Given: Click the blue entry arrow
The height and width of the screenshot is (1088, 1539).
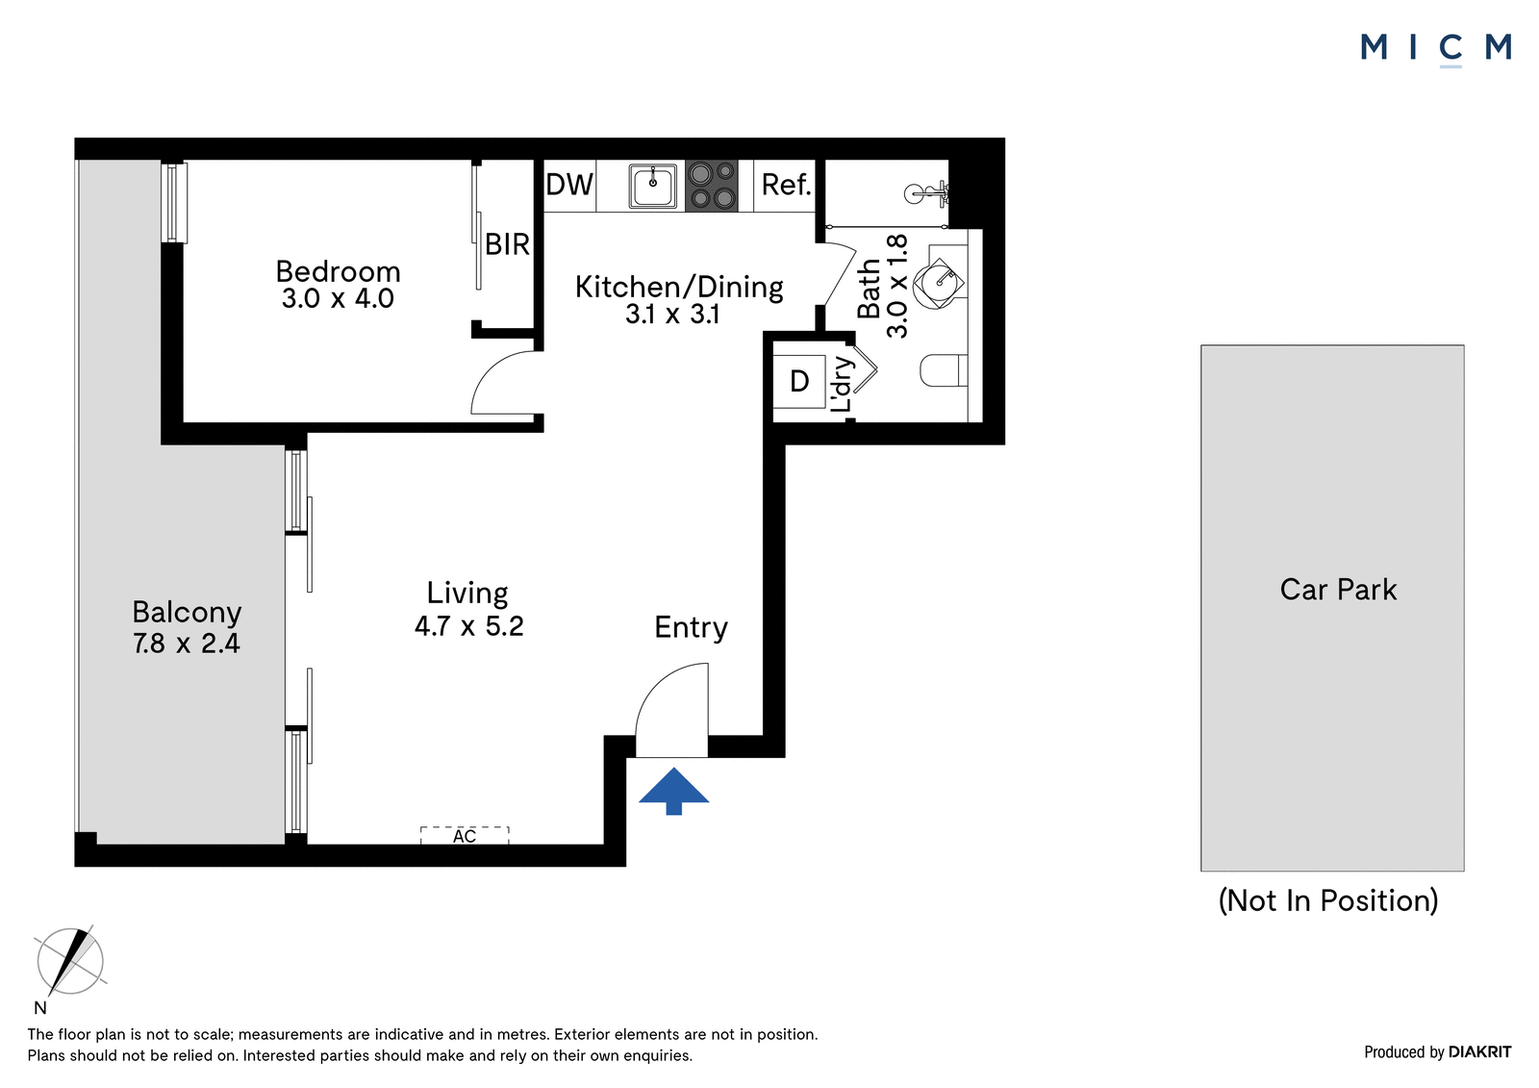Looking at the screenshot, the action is point(673,791).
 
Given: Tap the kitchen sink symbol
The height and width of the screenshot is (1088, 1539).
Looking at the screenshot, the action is point(653,186).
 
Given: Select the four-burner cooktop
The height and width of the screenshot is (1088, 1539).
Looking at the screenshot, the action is point(711,186).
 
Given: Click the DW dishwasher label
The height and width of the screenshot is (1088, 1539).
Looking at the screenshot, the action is point(569,185).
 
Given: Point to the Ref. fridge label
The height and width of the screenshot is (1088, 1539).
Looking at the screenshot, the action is point(786,185).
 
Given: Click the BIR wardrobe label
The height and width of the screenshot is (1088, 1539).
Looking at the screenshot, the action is point(507,244).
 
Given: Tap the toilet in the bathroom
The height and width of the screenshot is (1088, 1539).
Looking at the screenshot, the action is point(944,370).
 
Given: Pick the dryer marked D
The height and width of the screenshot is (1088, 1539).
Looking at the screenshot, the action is point(799,382).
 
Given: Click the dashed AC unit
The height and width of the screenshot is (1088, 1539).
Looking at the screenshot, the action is point(465,835).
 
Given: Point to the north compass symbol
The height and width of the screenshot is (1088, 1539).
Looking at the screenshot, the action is point(70,961).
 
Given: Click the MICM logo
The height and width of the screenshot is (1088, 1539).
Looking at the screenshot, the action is point(1436,49).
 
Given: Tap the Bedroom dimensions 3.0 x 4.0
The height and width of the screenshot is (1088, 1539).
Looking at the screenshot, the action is point(338,299).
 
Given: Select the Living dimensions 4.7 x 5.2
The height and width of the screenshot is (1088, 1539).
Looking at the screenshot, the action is point(469,626).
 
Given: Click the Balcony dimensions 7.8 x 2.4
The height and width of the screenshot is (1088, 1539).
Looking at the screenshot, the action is point(187,644).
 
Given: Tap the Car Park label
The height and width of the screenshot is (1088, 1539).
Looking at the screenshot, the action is point(1338,590).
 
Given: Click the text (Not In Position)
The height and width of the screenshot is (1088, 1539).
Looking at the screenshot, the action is point(1328,900).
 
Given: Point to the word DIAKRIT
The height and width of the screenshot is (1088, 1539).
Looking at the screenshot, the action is point(1480,1051).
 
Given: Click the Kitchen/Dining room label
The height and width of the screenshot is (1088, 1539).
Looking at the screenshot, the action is point(679,288).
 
